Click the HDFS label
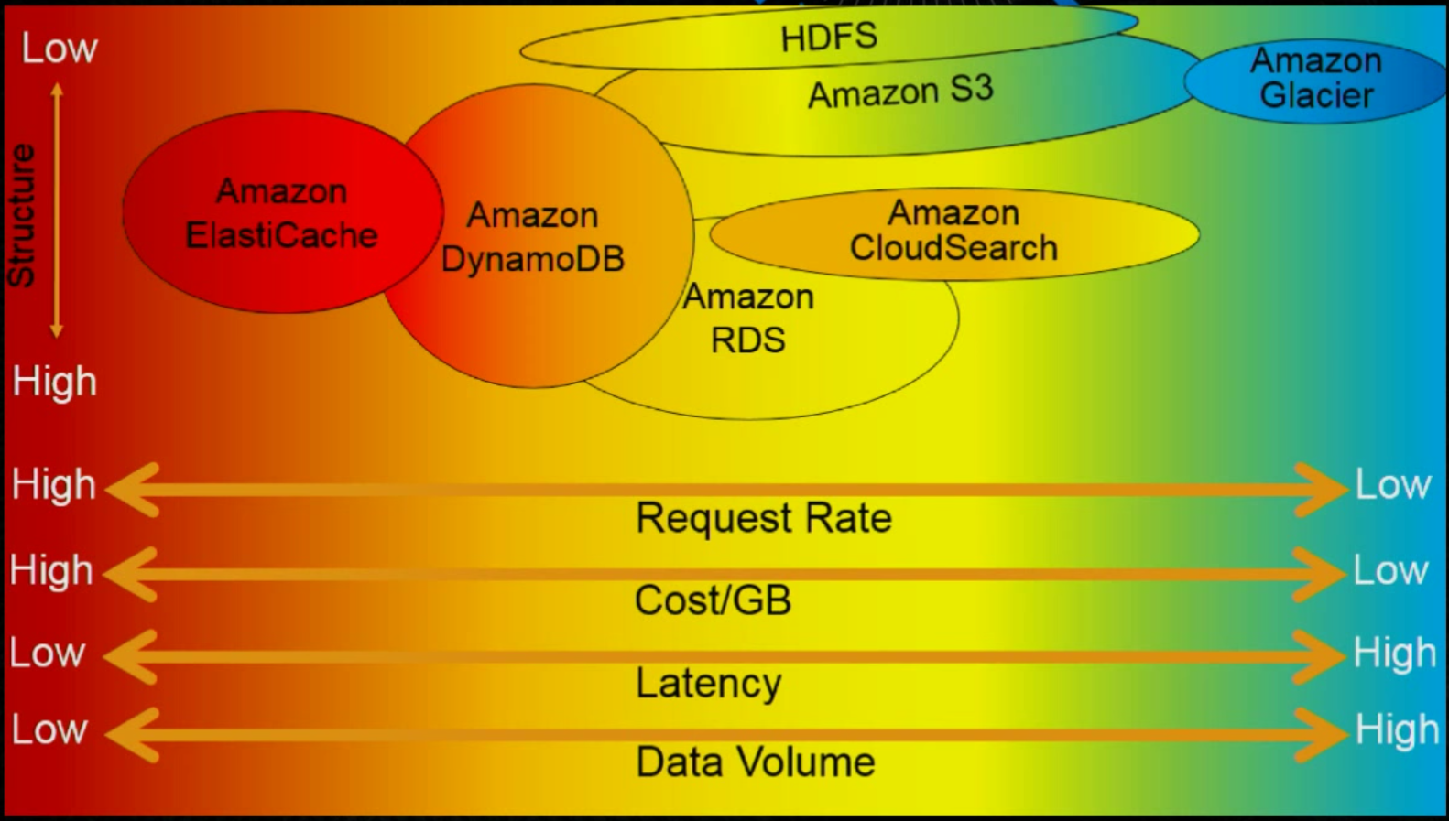point(829,37)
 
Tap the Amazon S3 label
point(900,92)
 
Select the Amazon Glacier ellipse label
point(1316,78)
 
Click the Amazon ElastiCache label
point(281,213)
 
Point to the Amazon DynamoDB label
point(532,237)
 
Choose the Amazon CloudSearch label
point(953,231)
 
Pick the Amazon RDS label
point(748,319)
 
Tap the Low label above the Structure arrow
point(60,48)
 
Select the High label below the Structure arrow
point(54,381)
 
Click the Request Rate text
point(764,518)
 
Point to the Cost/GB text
point(713,600)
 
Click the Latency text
point(709,684)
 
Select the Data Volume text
point(756,762)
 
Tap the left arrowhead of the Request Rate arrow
point(132,490)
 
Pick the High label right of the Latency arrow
point(1395,653)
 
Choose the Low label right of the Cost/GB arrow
point(1390,570)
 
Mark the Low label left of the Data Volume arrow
point(49,729)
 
